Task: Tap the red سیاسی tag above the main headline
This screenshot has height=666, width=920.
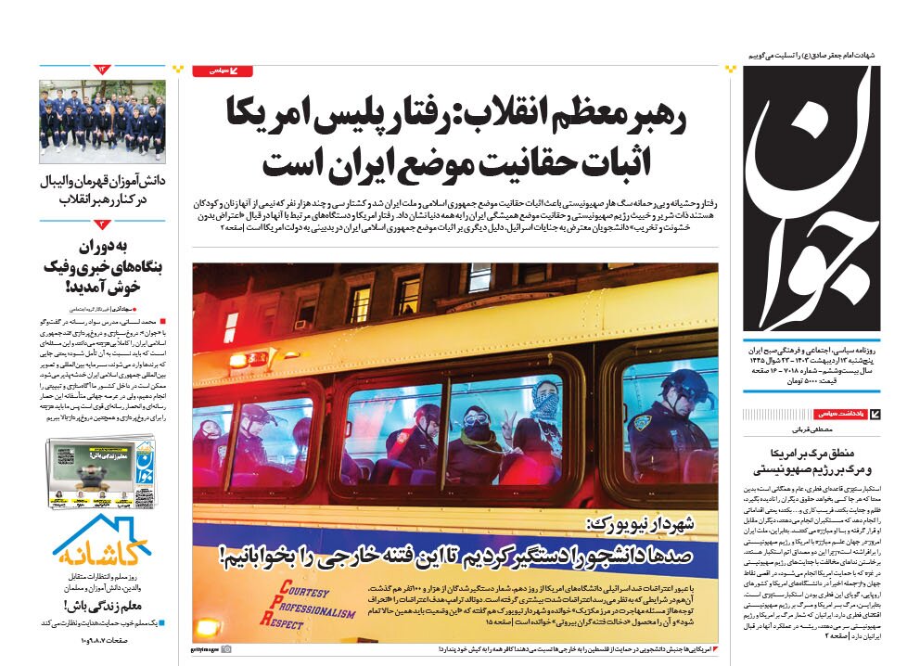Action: pos(222,70)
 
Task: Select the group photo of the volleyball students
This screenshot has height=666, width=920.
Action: pos(102,121)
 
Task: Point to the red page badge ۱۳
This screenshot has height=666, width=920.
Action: pos(102,70)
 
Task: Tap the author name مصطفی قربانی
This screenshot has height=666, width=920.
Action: pos(808,431)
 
